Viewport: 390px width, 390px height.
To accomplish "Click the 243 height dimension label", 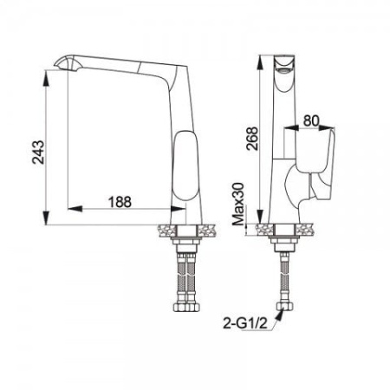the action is coord(38,152).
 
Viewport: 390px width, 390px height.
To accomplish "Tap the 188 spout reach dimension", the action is coord(120,202).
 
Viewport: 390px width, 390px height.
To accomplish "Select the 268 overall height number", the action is coord(252,139).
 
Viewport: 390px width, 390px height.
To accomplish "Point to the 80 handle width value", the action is coord(311,120).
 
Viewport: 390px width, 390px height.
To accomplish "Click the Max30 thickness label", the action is coord(238,204).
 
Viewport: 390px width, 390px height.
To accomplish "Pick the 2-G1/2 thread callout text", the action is coord(245,323).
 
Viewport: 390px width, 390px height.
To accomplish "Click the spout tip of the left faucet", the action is coord(58,65).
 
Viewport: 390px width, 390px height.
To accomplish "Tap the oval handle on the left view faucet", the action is coord(186,166).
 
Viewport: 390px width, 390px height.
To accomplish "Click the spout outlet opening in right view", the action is coord(283,70).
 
